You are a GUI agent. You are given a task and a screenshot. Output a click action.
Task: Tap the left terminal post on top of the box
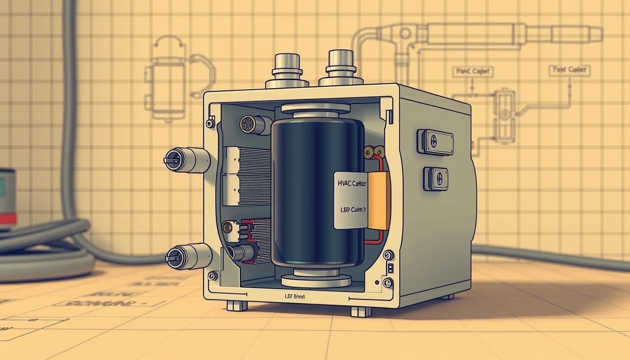point(287,70)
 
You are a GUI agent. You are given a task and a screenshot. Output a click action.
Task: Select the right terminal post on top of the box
point(341,68)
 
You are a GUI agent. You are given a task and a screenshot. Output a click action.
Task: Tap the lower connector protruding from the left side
point(188,257)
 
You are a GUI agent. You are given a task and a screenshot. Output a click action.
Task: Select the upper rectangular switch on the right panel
point(435,142)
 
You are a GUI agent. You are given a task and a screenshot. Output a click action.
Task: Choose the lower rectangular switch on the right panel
point(435,179)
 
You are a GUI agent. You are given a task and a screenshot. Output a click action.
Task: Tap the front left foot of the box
point(237,305)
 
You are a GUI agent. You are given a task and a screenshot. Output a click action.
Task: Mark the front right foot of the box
point(361,311)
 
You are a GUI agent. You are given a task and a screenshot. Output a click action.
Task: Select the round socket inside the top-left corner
point(249,124)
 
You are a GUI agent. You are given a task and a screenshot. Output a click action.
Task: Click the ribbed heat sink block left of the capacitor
point(247,176)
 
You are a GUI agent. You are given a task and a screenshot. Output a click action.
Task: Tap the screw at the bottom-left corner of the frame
point(212,276)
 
